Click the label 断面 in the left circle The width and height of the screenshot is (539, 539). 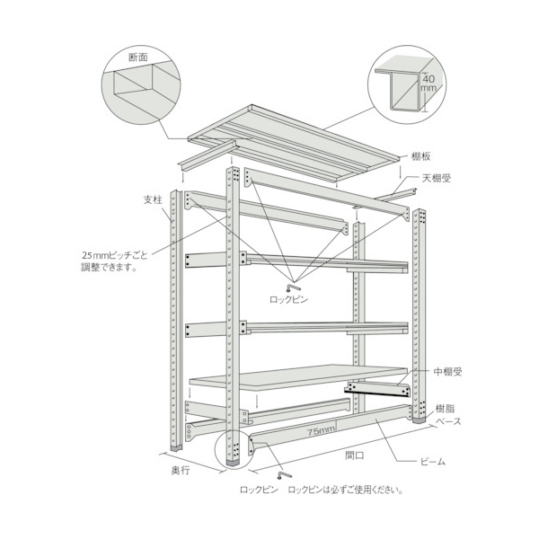click(138, 57)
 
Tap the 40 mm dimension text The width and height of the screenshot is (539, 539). click(429, 84)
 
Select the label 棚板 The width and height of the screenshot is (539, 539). click(421, 156)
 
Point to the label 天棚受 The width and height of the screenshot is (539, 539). click(437, 178)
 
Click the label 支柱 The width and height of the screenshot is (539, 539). click(153, 199)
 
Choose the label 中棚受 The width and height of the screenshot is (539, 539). click(447, 372)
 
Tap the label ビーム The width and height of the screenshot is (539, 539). click(433, 462)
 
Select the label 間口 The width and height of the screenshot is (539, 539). click(355, 455)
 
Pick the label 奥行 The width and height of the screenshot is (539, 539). click(181, 471)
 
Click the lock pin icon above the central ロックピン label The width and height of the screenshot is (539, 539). click(293, 287)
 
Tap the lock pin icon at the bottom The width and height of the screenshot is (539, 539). click(284, 475)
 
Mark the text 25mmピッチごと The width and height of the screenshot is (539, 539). click(114, 255)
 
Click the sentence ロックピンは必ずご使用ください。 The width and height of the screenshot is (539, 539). click(346, 490)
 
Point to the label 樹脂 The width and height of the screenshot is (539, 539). click(445, 409)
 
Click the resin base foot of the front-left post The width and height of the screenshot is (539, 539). click(234, 463)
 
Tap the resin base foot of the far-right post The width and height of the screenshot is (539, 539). click(420, 420)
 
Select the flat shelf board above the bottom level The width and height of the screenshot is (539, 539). click(298, 376)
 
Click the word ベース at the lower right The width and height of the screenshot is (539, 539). click(448, 421)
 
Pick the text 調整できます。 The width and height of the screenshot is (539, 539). click(110, 268)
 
